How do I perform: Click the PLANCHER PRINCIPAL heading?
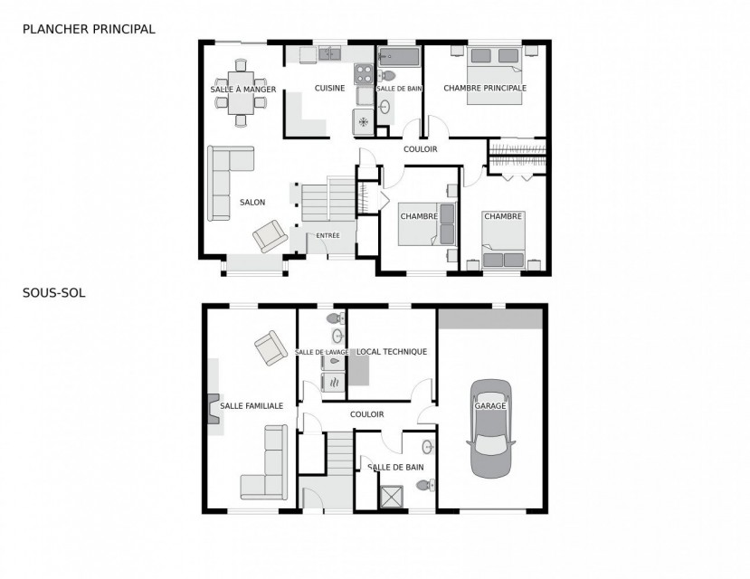pos(89,29)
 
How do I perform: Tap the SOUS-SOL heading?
pos(54,292)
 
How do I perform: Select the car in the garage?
pos(490,429)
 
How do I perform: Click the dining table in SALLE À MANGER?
pos(241,93)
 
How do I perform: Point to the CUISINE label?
pos(329,88)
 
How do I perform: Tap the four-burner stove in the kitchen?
pos(364,74)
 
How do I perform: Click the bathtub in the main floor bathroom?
pos(399,56)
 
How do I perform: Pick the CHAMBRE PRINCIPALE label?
pos(485,88)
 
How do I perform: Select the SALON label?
pos(252,203)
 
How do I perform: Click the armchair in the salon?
pos(271,236)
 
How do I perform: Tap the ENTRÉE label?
pos(328,235)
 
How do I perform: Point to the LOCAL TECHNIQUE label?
pos(392,351)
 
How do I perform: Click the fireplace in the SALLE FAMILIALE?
pos(214,409)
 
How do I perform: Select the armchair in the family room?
pos(271,347)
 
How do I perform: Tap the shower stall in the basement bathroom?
pos(391,497)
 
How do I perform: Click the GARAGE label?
pos(490,405)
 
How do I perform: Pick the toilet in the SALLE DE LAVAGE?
pos(336,318)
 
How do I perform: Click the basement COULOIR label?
pos(367,414)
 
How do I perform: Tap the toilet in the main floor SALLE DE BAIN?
pos(386,76)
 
